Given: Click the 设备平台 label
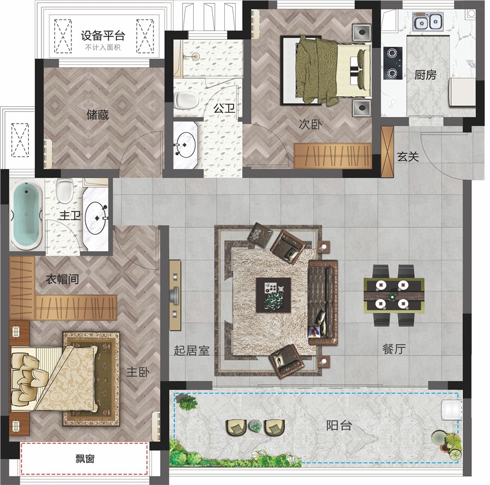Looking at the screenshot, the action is pos(103,35).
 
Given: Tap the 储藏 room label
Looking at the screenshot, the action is pos(97,115).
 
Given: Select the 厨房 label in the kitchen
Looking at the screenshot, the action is pos(425,75).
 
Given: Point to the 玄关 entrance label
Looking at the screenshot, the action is pos(408,156).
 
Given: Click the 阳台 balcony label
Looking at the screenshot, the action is pos(339,425).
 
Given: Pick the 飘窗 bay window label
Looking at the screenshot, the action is pos(85,459).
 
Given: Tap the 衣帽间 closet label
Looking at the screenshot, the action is pos(62,279).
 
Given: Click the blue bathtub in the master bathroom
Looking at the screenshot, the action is pos(26,215).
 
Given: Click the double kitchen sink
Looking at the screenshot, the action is pos(427,22).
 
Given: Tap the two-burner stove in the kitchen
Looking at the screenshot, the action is pos(393,63).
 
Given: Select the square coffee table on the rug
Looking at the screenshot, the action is pos(273,295).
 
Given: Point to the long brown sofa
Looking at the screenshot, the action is pos(323,302).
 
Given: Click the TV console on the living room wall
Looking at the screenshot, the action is pos(175,295).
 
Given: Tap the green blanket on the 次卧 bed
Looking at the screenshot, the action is pos(316,70).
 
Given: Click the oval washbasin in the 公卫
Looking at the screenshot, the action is pos(186,145).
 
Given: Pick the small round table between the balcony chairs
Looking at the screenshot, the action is pos(255,426).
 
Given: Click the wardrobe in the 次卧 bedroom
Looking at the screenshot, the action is pos(333,156).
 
